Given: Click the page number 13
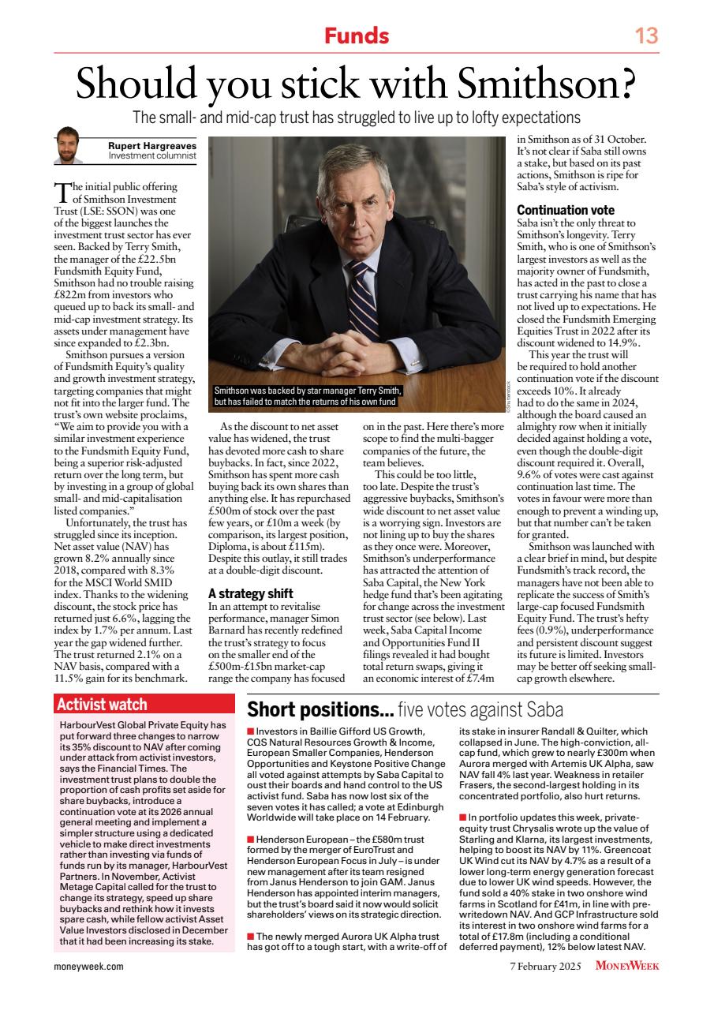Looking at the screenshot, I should (646, 36).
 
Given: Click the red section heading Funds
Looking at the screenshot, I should (357, 36).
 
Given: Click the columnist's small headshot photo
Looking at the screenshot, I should (69, 146).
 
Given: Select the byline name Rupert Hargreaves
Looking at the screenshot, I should (152, 144).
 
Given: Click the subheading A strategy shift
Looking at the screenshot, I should (250, 593).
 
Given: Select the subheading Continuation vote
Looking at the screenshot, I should (566, 211).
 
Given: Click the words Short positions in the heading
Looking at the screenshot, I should (320, 708).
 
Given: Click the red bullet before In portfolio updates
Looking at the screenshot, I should (462, 816).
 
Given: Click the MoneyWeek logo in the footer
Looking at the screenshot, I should (627, 965).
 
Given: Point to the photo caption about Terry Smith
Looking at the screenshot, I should (308, 396).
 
